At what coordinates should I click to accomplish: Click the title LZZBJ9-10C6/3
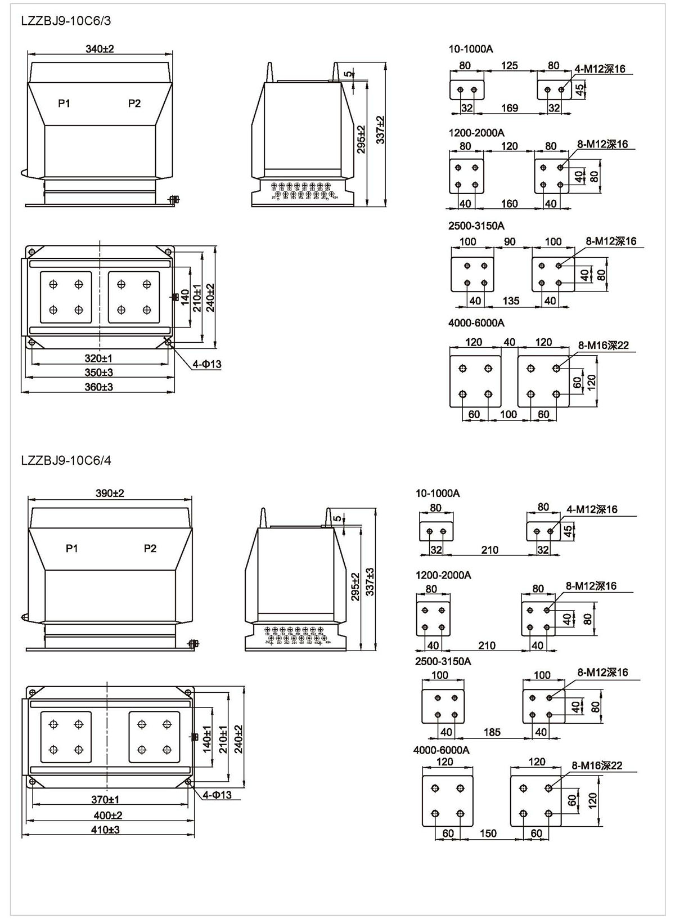(66, 21)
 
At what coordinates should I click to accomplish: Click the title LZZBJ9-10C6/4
(66, 460)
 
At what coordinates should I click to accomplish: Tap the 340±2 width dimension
(100, 49)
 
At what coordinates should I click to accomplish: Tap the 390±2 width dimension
(110, 493)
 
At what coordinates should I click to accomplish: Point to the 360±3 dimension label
(99, 387)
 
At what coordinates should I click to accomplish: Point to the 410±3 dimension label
(106, 830)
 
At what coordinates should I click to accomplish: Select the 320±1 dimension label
(99, 358)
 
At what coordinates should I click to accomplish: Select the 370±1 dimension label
(106, 799)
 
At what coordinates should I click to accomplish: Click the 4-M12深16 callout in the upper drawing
(600, 69)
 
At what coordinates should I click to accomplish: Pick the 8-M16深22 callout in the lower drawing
(597, 765)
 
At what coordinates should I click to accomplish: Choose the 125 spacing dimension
(509, 66)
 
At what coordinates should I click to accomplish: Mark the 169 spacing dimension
(509, 108)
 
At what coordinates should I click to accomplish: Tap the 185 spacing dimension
(492, 732)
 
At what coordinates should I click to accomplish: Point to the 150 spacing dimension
(488, 833)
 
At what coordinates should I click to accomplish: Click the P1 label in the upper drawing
(64, 103)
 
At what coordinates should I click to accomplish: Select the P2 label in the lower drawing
(150, 548)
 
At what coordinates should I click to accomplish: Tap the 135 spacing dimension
(511, 301)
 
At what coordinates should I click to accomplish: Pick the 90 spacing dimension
(510, 241)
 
